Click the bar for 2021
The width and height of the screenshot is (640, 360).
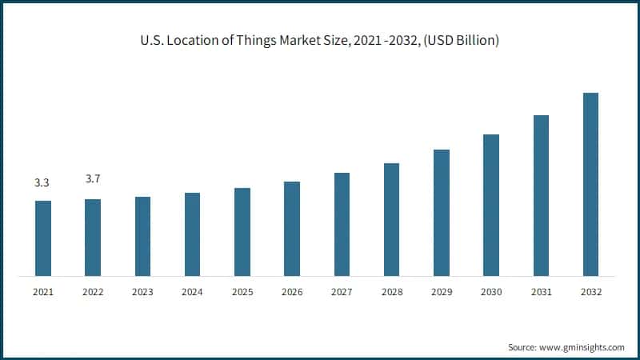pos(43,238)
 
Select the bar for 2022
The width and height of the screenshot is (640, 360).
pos(93,238)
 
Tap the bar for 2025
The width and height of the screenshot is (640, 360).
pos(242,232)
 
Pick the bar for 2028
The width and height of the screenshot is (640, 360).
pos(391,220)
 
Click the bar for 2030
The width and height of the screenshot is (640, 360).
pos(491,205)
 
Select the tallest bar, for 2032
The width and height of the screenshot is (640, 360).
pos(590,184)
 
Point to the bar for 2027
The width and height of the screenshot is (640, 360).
pos(342,225)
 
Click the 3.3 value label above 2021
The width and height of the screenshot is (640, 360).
pos(42,183)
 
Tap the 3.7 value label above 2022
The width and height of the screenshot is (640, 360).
pos(93,178)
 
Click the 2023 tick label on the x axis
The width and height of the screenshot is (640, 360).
pos(142,293)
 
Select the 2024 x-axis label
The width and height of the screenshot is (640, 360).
pos(192,293)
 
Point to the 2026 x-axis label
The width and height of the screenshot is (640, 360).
pos(292,293)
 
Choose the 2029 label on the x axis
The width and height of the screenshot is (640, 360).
pos(441,293)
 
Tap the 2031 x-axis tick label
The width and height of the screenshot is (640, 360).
pos(541,293)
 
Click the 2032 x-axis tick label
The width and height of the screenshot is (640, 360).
pos(590,293)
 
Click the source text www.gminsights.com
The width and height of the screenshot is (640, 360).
pos(582,347)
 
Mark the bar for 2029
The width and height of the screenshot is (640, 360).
pos(442,213)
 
